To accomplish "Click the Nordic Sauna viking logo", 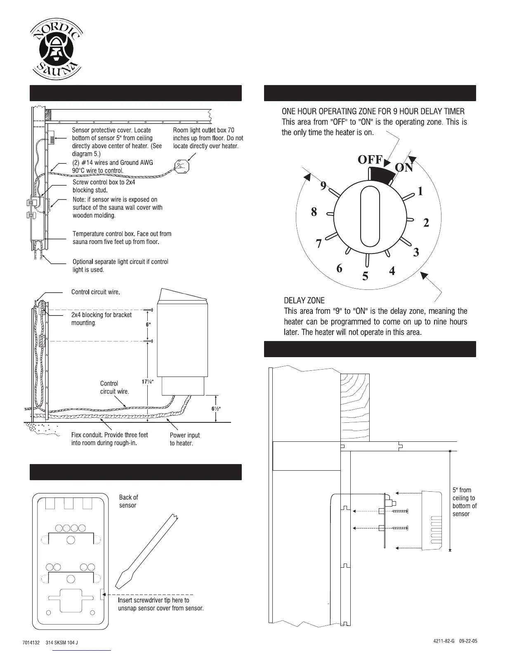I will pyautogui.click(x=56, y=52).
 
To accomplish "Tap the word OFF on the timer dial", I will pyautogui.click(x=370, y=159).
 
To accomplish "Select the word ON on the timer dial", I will pyautogui.click(x=404, y=167).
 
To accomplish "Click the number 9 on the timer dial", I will pyautogui.click(x=324, y=185).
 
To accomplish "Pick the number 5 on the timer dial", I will pyautogui.click(x=365, y=276).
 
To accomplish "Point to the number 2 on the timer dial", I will pyautogui.click(x=426, y=223).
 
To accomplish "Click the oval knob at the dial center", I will pyautogui.click(x=369, y=216).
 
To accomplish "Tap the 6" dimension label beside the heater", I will pyautogui.click(x=149, y=325).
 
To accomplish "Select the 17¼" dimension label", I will pyautogui.click(x=148, y=381).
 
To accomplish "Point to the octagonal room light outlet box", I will pyautogui.click(x=182, y=167).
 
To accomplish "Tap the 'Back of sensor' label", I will pyautogui.click(x=128, y=501).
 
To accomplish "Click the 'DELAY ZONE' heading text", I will pyautogui.click(x=304, y=301).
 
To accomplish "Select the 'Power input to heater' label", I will pyautogui.click(x=184, y=439).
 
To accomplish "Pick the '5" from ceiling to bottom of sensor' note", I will pyautogui.click(x=464, y=502).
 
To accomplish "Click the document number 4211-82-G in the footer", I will pyautogui.click(x=444, y=641).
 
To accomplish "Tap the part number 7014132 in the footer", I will pyautogui.click(x=31, y=643).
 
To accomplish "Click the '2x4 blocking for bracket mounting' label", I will pyautogui.click(x=101, y=319).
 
